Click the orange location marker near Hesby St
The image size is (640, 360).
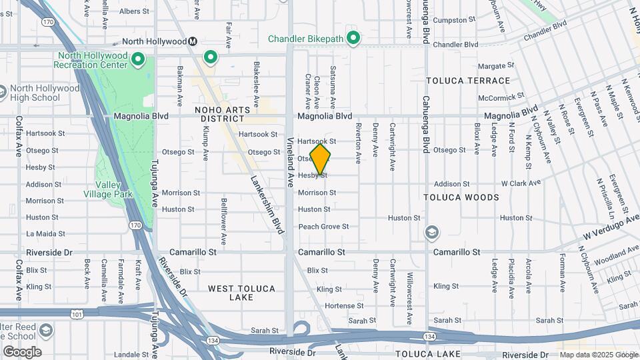tap(321, 159)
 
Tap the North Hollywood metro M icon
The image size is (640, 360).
tap(193, 41)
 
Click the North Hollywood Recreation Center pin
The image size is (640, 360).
tap(138, 61)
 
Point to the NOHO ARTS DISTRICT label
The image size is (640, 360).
tap(222, 114)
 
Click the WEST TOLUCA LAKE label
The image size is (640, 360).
tap(241, 293)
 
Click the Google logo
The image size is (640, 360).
tap(22, 351)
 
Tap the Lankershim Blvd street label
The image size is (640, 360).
tap(264, 204)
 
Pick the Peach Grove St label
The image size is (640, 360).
tap(323, 227)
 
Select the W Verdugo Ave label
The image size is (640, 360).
tap(610, 229)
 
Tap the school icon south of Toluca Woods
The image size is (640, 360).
tap(432, 233)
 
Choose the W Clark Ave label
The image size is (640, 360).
tap(521, 183)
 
